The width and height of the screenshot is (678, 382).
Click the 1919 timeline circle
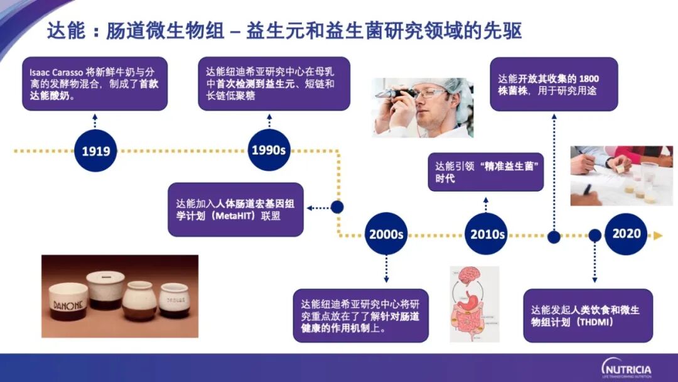[x=95, y=151]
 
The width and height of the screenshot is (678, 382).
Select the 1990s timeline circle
[x=269, y=150]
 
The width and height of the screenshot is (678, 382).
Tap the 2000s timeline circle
[x=386, y=234]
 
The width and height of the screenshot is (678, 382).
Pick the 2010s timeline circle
[x=488, y=234]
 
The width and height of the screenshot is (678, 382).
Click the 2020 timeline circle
[x=627, y=233]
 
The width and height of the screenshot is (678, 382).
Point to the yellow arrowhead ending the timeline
[x=657, y=236]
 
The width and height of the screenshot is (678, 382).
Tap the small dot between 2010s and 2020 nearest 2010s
[x=554, y=237]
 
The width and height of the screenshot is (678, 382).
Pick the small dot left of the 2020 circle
[x=595, y=236]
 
